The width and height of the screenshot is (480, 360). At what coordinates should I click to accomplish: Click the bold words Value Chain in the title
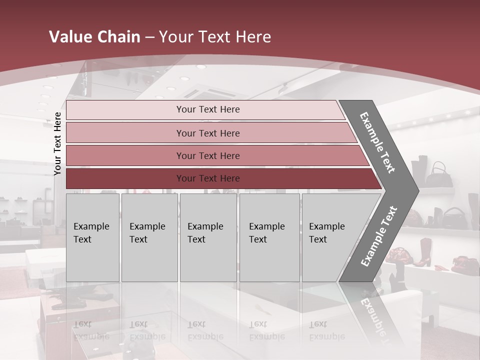pos(94,37)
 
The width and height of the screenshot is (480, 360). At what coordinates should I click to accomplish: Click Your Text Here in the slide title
pos(215,37)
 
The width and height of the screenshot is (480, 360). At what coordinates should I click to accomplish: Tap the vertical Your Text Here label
pos(57,143)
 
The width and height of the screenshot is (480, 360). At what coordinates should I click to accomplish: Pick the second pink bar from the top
pos(207,133)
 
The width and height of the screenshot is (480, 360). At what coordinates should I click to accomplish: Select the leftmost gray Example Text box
pos(92,237)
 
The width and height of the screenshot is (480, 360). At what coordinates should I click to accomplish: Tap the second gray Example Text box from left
pos(149,237)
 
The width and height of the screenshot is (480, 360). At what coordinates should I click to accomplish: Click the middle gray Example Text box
pos(208,237)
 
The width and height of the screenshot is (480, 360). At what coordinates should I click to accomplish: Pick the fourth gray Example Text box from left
pos(269,237)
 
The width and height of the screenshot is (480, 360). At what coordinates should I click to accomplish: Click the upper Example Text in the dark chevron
pos(377,142)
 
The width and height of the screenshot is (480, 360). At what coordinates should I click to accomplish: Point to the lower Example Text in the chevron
pos(379,236)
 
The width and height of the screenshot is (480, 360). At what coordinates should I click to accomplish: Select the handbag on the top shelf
pos(438,175)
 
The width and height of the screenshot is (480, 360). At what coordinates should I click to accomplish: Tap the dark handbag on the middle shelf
pos(454,217)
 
